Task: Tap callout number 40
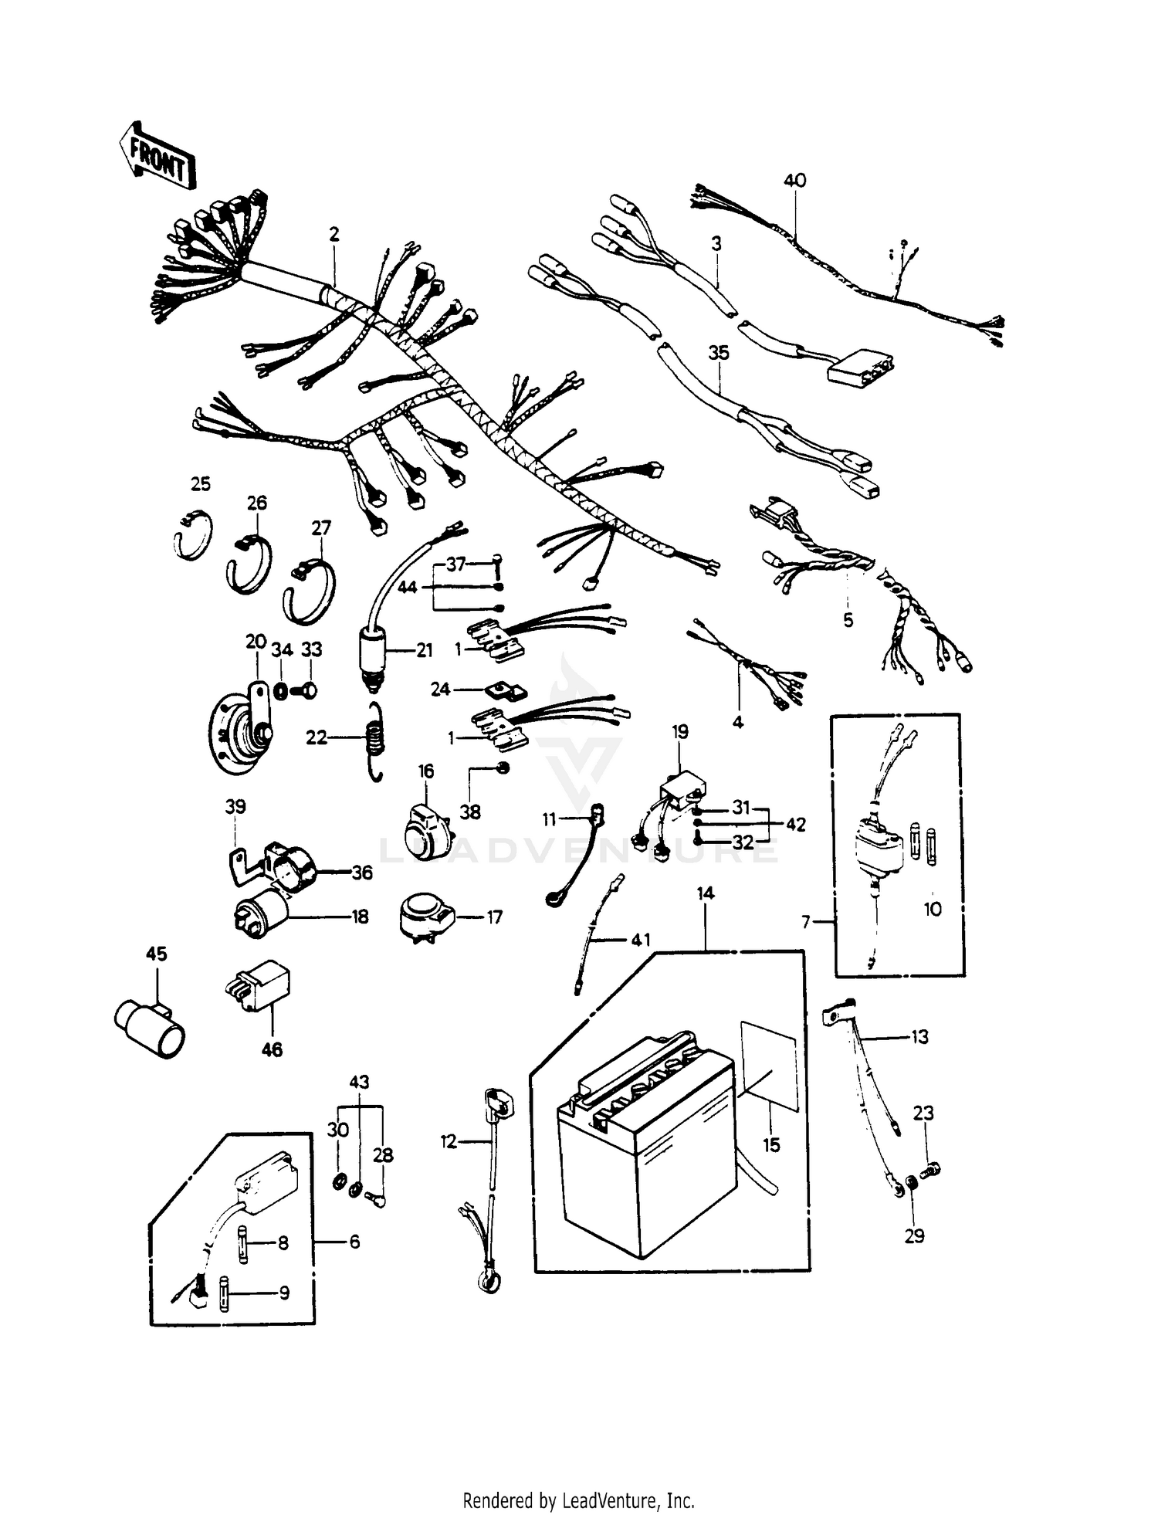pyautogui.click(x=794, y=181)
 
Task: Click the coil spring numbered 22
pyautogui.click(x=374, y=741)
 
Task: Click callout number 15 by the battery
pyautogui.click(x=772, y=1145)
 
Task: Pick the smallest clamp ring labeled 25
pyautogui.click(x=191, y=534)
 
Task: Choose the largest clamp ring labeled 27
pyautogui.click(x=310, y=591)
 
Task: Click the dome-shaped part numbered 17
pyautogui.click(x=421, y=916)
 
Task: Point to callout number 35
pyautogui.click(x=719, y=353)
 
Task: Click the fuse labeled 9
pyautogui.click(x=225, y=1293)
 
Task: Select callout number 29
pyautogui.click(x=914, y=1236)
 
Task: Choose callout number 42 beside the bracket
pyautogui.click(x=795, y=824)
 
